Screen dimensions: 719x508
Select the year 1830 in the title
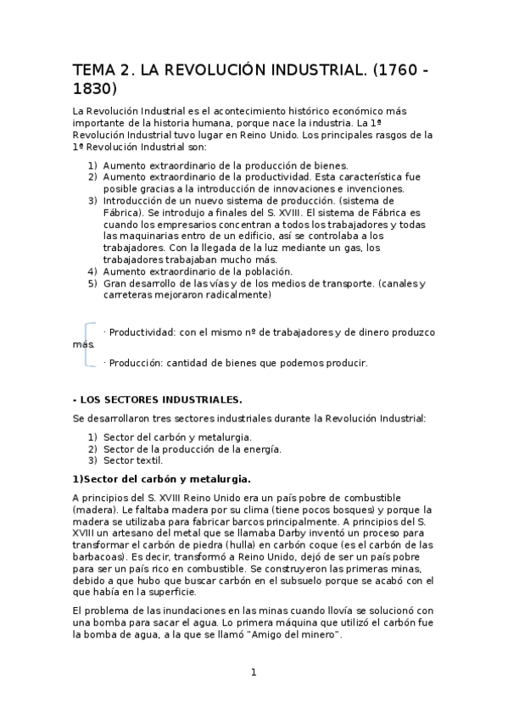pos(95,88)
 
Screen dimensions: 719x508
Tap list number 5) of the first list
pos(92,283)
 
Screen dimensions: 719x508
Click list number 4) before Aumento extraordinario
pos(92,271)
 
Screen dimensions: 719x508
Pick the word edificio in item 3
pos(264,236)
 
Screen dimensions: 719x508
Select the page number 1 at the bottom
pos(253,672)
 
